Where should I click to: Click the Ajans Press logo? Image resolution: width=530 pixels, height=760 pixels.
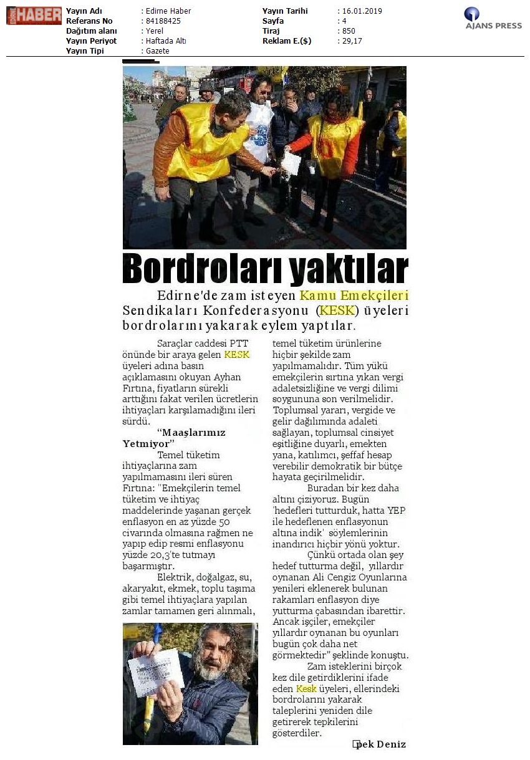point(493,18)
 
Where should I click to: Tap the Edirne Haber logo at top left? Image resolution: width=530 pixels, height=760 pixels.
point(34,16)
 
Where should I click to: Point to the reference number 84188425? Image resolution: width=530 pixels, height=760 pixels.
point(163,21)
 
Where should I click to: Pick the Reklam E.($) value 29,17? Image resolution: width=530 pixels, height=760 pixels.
point(351,41)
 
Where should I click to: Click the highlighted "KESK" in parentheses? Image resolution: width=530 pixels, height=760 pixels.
point(337,310)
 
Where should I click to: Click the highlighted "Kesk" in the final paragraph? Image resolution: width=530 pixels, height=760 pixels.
point(306,688)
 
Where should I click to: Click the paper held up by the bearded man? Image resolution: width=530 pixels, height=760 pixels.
point(156,671)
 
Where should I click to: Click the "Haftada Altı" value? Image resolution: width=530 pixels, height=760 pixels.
point(165,41)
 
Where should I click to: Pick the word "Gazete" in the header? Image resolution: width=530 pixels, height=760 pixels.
point(157,51)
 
